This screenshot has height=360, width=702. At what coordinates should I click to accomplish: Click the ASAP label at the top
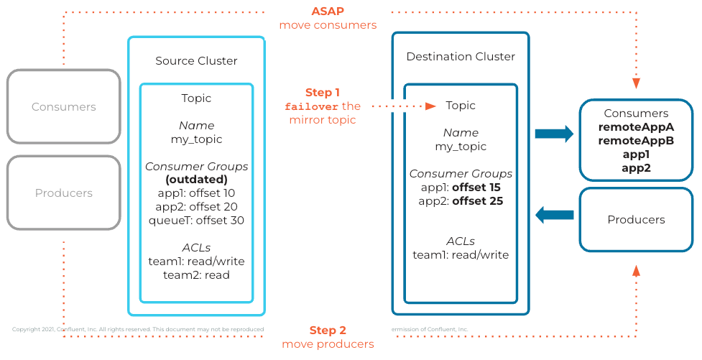click(328, 11)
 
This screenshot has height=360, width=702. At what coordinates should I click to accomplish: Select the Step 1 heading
click(323, 93)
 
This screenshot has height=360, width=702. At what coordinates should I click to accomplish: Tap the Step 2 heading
click(328, 331)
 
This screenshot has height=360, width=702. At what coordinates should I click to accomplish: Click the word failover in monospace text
click(312, 106)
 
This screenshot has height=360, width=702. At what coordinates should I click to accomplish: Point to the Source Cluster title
click(196, 61)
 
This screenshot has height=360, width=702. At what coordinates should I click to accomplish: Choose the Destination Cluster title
click(461, 57)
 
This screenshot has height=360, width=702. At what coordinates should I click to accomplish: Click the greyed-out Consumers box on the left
click(63, 107)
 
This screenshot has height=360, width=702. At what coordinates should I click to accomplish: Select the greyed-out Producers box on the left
click(63, 193)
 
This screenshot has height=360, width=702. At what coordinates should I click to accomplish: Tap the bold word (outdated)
click(196, 180)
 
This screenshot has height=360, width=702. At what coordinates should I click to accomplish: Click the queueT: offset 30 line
click(196, 220)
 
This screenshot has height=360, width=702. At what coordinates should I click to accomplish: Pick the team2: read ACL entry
click(196, 274)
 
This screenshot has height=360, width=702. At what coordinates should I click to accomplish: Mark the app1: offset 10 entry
click(196, 193)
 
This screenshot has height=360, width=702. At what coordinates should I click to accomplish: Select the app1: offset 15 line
click(461, 188)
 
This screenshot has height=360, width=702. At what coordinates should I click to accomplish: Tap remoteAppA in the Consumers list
click(636, 127)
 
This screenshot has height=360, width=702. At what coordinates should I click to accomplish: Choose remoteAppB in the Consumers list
click(636, 141)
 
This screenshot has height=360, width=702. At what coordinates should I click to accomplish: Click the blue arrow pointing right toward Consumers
click(554, 134)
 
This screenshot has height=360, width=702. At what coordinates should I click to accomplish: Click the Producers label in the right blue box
click(636, 220)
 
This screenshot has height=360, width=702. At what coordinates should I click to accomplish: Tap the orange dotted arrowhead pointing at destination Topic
click(430, 106)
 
